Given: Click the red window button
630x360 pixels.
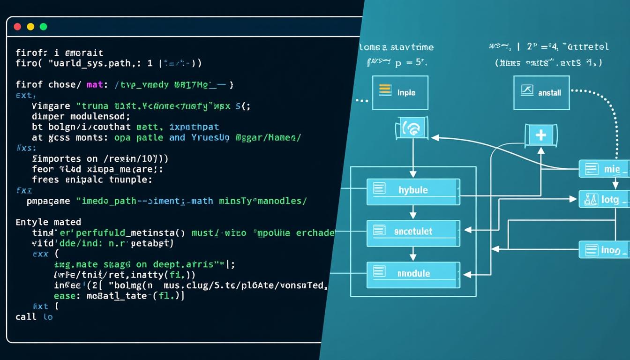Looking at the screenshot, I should click(x=18, y=27).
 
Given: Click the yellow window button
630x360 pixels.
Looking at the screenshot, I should click(x=31, y=27).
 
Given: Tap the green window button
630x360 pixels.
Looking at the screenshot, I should click(x=44, y=27).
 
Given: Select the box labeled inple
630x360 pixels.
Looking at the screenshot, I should click(x=400, y=92).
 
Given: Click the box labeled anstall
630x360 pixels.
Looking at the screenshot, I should click(x=541, y=92).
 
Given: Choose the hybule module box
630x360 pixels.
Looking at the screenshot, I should click(x=413, y=189).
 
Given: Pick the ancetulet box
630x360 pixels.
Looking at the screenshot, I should click(x=413, y=231).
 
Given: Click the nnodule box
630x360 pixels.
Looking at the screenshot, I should click(x=413, y=272).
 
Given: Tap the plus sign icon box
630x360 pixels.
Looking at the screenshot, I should click(x=540, y=135).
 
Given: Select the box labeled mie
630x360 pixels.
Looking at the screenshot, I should click(x=604, y=169).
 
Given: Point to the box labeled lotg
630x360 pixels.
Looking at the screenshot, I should click(x=604, y=199).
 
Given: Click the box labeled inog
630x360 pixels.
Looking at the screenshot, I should click(x=604, y=250).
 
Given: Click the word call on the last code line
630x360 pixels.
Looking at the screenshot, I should click(x=26, y=317).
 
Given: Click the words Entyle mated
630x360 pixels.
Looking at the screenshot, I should click(x=48, y=222).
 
